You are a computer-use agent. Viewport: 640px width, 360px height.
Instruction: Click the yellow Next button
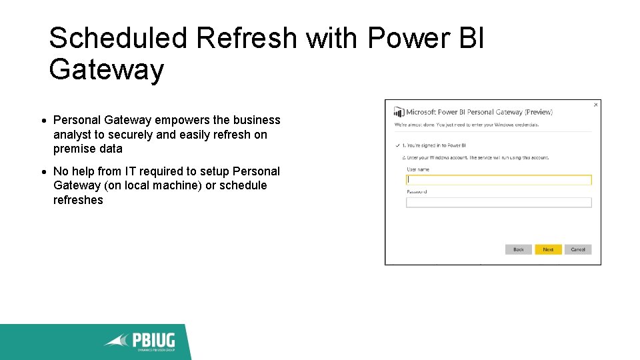pos(548,249)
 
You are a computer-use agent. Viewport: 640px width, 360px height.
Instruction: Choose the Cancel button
pos(578,249)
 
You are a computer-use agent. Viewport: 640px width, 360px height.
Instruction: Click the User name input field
pos(499,180)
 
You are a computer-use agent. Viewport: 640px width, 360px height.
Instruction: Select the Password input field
pos(499,203)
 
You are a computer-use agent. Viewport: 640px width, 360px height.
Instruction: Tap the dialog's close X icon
pos(595,105)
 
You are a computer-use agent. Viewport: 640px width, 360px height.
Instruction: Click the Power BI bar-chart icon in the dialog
pos(399,112)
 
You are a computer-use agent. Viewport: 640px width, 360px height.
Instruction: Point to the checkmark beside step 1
pos(397,145)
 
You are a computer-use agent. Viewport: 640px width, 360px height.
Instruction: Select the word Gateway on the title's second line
pos(106,69)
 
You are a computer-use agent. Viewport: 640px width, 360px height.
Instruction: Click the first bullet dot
pos(43,121)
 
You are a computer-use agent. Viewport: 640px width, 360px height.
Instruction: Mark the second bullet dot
pos(43,172)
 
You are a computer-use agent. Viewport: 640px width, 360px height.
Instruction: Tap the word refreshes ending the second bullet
pos(78,200)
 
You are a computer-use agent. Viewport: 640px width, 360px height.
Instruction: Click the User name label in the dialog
pos(418,169)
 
